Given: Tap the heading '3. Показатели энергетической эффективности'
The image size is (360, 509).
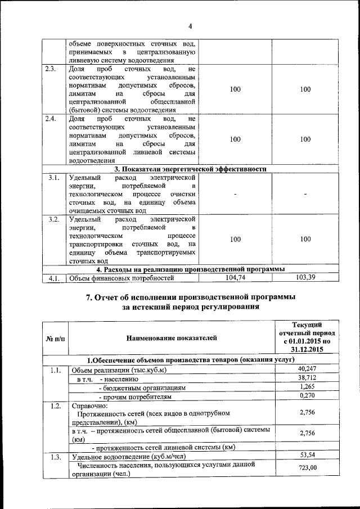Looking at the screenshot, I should tap(190, 168).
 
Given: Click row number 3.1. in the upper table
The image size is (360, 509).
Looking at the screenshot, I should tap(54, 178).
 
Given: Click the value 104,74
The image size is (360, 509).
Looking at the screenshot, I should tap(236, 277).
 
